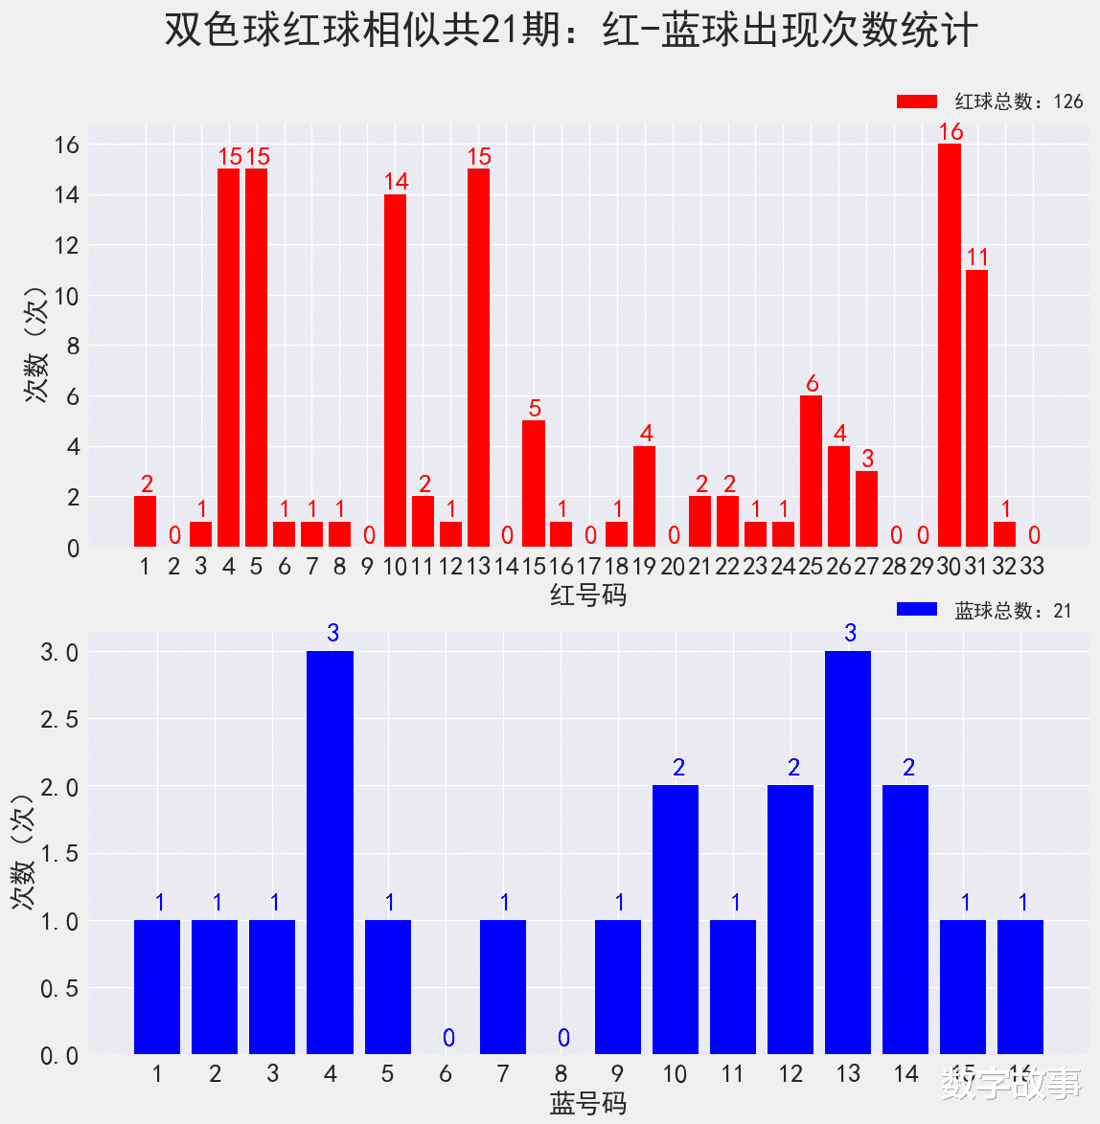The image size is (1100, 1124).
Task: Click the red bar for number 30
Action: pos(949,346)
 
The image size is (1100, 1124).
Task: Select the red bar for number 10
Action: pos(395,371)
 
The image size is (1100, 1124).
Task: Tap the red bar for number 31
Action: pos(976,409)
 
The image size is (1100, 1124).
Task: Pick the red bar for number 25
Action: pos(811,471)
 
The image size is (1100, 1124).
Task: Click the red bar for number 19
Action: pos(645,497)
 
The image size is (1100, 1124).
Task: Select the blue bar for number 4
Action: pos(330,852)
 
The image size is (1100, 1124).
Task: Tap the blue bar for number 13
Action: pos(848,852)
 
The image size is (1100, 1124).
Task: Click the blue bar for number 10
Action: pos(676,919)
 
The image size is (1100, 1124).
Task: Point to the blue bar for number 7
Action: pos(503,987)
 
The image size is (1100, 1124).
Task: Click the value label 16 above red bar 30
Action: pos(951,131)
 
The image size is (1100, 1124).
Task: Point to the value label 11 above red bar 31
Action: pos(977,258)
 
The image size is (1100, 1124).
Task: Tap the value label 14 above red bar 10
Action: pos(396,182)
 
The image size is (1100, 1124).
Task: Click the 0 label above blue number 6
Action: pos(448,1038)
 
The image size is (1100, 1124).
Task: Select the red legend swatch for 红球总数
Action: pos(916,101)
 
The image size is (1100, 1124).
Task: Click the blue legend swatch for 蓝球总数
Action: pos(916,610)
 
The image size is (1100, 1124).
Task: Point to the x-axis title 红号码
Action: pos(588,596)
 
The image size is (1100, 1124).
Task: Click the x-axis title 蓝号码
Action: pos(588,1104)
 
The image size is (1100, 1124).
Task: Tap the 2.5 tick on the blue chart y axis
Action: pos(59,719)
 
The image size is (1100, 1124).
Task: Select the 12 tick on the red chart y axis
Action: pos(66,245)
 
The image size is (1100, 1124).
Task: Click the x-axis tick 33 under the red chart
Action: pos(1032,566)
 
